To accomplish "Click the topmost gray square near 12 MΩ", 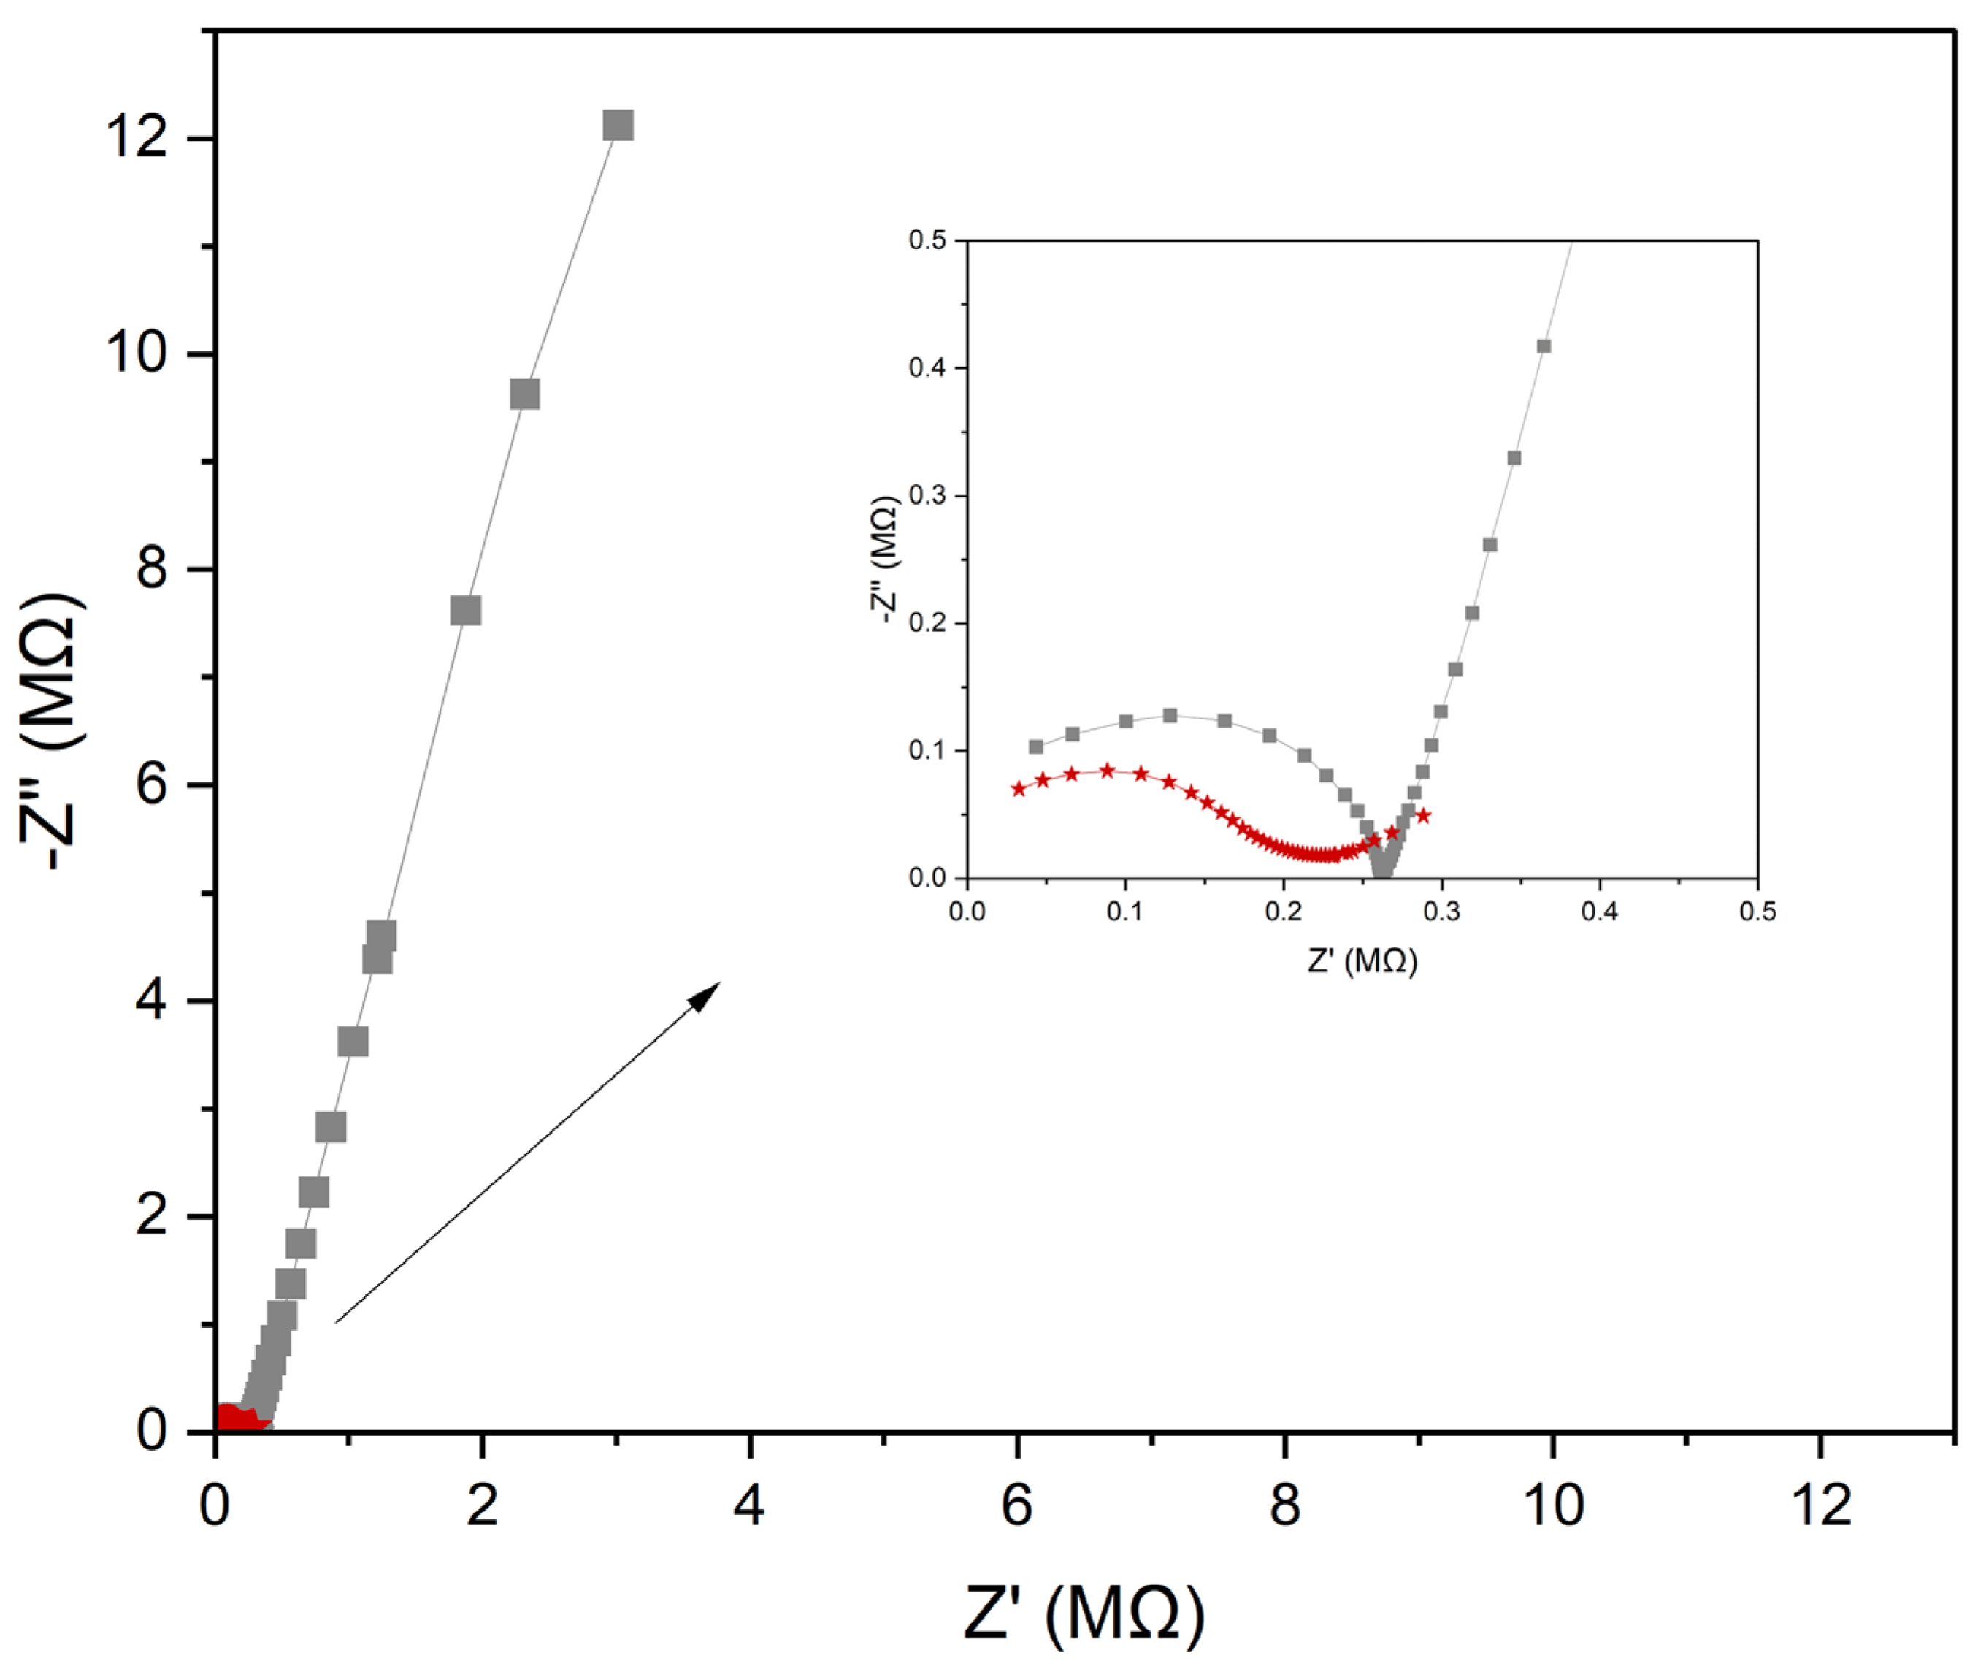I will pos(618,126).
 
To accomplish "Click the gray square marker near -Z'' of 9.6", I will pos(525,394).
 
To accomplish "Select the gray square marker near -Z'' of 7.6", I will pos(465,611).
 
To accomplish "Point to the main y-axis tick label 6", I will pos(150,784).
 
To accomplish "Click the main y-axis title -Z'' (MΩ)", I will pos(55,731).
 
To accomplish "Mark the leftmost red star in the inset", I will pos(1018,789).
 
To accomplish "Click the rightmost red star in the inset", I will pos(1423,815).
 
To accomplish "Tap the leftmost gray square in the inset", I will pos(1036,747).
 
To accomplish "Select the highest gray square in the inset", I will pos(1544,345).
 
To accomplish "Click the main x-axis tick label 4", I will pos(750,1505).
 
